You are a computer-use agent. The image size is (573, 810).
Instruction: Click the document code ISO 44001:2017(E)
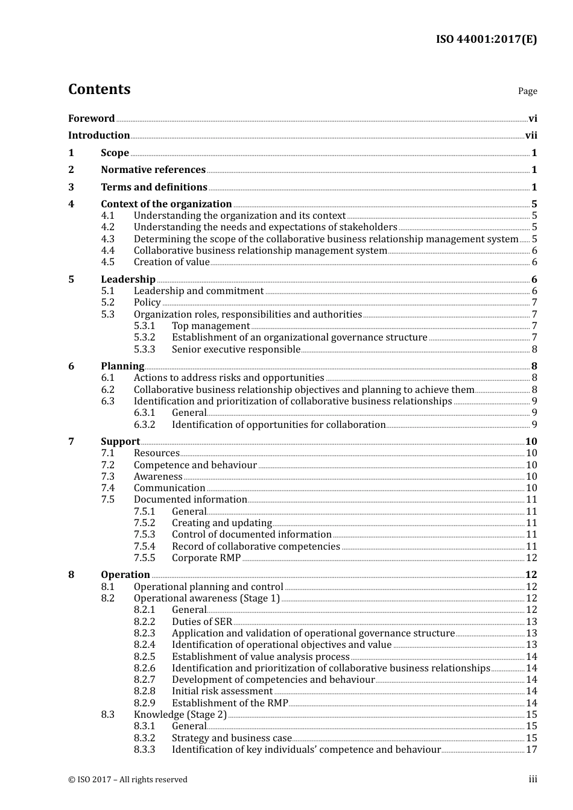(486, 39)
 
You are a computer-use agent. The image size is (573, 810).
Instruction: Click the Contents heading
(100, 89)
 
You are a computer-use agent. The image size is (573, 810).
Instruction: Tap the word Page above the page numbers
(527, 91)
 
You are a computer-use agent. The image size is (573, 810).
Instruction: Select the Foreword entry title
(91, 118)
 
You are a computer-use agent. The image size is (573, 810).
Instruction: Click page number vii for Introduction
(531, 136)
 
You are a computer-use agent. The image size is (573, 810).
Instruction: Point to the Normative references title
(153, 170)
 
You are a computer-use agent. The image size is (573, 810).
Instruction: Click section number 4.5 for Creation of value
(107, 262)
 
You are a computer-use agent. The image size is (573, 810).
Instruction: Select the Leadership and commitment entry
(198, 291)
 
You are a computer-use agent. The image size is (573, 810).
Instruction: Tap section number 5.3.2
(144, 337)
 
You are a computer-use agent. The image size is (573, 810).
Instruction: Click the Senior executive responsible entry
(236, 350)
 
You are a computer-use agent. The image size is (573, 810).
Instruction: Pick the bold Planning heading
(122, 366)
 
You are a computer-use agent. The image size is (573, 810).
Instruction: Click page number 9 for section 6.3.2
(534, 425)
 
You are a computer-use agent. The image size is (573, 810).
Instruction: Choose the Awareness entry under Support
(158, 477)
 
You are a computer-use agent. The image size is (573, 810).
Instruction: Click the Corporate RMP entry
(206, 558)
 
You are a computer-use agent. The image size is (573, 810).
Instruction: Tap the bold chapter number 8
(71, 575)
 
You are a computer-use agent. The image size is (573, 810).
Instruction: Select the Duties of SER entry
(201, 622)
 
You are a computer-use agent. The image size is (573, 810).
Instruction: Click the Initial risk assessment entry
(222, 691)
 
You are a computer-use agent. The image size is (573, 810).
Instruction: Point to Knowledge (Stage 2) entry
(180, 715)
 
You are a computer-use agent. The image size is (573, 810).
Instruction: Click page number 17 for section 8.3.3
(531, 750)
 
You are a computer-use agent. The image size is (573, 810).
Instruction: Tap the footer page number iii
(533, 779)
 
